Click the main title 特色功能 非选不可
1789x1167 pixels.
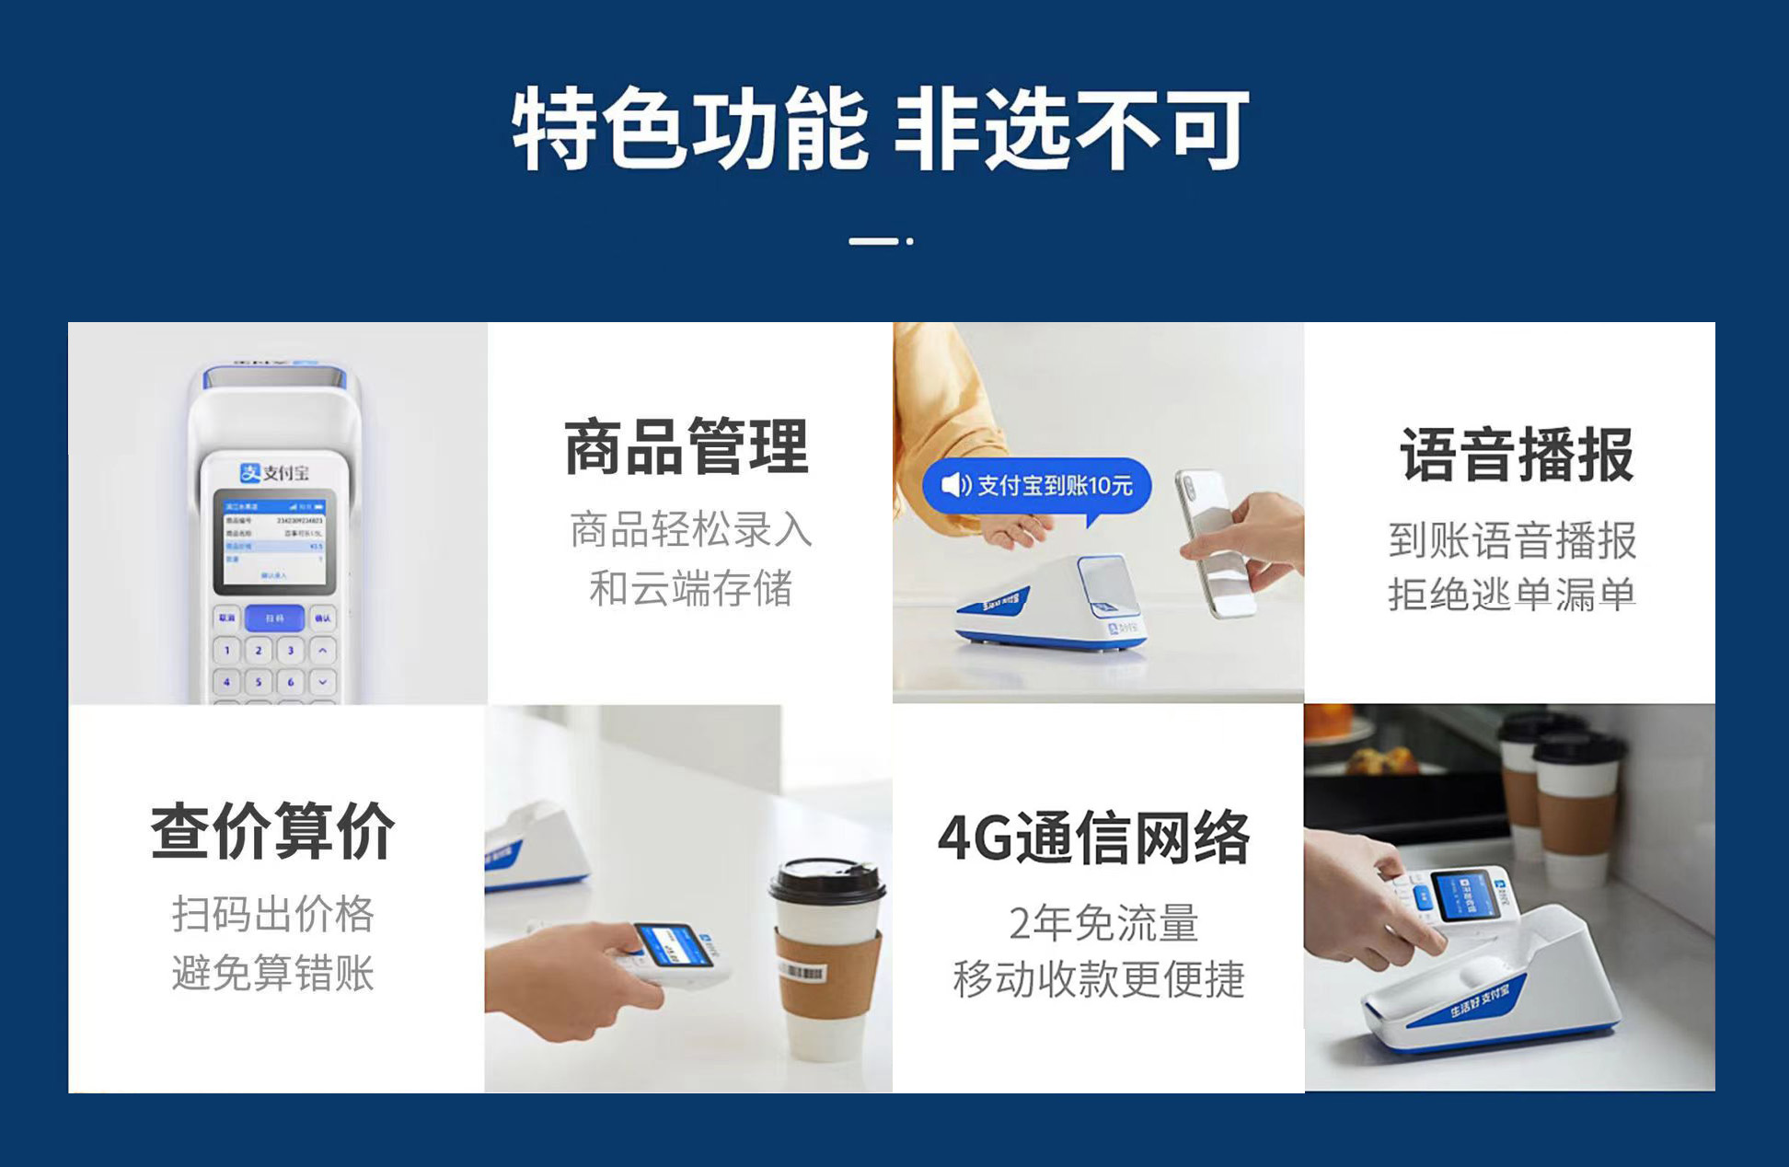click(881, 129)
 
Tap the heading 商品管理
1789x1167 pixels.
click(687, 447)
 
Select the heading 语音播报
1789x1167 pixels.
click(1516, 455)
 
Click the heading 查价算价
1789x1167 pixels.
click(273, 831)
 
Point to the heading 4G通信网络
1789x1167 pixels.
click(1094, 838)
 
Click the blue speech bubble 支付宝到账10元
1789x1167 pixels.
click(1037, 485)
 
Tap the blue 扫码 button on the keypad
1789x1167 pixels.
click(274, 618)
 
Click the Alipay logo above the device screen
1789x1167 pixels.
click(273, 472)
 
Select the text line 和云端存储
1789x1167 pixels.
click(690, 588)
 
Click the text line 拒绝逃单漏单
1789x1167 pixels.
click(1512, 595)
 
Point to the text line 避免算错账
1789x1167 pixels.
click(273, 973)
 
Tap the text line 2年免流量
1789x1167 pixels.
click(1103, 922)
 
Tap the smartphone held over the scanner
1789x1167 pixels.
click(1215, 543)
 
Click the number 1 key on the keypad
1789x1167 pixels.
click(227, 651)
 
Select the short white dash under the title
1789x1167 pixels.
click(873, 241)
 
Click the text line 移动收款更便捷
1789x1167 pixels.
click(1098, 979)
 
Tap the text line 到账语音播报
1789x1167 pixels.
click(1512, 540)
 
